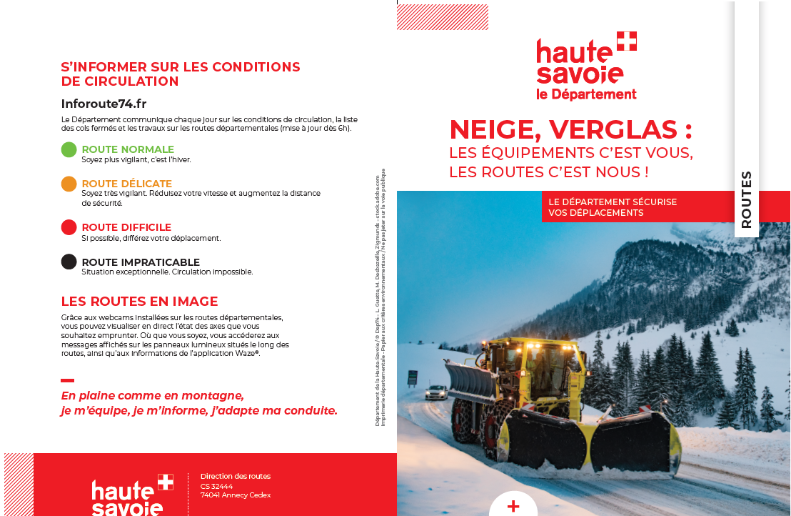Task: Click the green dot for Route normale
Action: point(69,149)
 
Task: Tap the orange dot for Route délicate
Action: point(69,184)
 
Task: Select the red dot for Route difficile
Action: point(69,227)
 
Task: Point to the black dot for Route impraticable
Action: point(69,262)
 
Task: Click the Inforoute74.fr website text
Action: point(104,104)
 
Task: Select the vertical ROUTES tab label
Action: point(747,199)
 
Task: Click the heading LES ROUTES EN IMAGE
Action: point(139,302)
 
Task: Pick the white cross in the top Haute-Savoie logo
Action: point(626,41)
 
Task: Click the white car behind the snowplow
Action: point(435,392)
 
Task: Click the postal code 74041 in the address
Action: point(210,495)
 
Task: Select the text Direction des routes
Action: point(235,476)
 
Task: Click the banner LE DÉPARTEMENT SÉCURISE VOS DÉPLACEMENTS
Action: point(613,207)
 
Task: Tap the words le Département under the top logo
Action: point(585,94)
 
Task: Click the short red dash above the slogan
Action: point(67,380)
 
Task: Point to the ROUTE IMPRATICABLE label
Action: point(141,262)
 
